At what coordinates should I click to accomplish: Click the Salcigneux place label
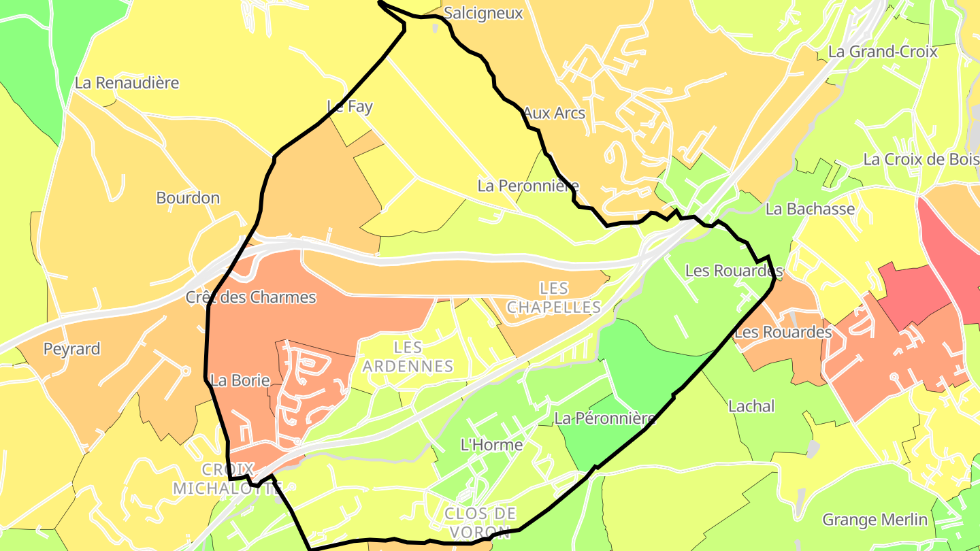tap(483, 13)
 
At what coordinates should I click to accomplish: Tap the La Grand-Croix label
tap(883, 52)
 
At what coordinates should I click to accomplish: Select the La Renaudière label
tap(127, 83)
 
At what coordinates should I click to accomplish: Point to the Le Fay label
tap(350, 106)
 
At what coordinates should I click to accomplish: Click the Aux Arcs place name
tap(554, 113)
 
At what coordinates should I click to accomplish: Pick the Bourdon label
tap(188, 198)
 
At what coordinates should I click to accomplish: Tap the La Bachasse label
tap(810, 209)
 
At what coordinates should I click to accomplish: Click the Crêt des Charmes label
tap(251, 297)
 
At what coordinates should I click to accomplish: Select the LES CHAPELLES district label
tap(554, 298)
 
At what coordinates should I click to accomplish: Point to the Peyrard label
tap(71, 349)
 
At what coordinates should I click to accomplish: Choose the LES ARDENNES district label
tap(408, 356)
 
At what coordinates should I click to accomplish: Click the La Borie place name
tap(240, 380)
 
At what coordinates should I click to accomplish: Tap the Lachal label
tap(751, 406)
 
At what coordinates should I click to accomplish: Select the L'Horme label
tap(492, 445)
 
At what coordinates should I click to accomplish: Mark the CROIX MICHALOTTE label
tap(228, 479)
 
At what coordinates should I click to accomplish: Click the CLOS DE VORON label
tap(480, 522)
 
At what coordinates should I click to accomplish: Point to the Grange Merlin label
tap(875, 520)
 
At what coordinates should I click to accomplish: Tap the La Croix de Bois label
tap(921, 159)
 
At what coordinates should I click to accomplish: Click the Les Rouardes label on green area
tap(734, 271)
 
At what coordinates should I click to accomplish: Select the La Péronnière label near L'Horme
tap(604, 418)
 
